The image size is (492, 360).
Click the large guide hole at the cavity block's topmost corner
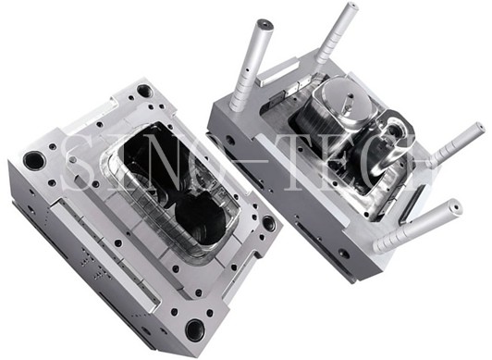tap(144, 91)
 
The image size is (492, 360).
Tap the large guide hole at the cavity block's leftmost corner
tap(34, 160)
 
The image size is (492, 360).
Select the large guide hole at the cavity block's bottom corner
tap(195, 330)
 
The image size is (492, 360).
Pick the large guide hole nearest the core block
tap(269, 223)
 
